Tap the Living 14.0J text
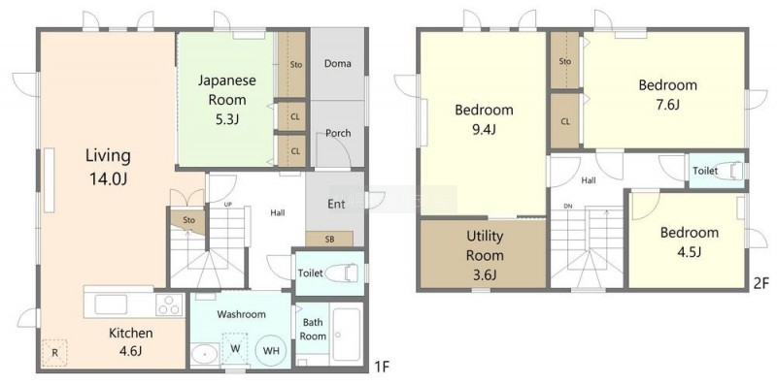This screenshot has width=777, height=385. pos(108,167)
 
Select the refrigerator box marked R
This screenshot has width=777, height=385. pos(54,352)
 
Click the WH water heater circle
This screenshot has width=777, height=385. pos(271,351)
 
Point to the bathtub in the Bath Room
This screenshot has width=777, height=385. pos(347,335)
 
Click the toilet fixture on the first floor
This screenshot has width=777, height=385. pos(345,273)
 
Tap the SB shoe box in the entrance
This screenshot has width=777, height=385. pos(329,239)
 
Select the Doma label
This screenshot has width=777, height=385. pos(337,63)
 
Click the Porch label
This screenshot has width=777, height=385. pos(338,133)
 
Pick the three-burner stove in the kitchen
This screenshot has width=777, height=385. pos(170,305)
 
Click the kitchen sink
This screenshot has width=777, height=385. pos(111,305)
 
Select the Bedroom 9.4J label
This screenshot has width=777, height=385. pos(484,119)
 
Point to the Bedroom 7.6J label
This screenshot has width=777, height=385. pos(667,94)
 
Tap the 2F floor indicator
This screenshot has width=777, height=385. pos(760,284)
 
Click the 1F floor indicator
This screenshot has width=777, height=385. pos(382,367)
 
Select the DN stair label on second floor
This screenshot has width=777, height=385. pos(568,206)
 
